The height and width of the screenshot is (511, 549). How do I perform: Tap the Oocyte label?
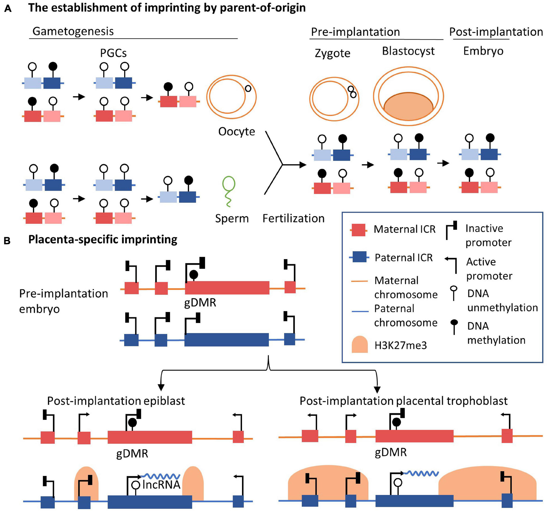236,131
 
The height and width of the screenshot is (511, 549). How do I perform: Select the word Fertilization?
293,218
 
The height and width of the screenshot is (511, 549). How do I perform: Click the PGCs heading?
113,53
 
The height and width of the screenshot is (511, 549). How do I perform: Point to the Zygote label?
332,53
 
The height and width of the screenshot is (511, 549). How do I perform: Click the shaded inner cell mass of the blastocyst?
408,106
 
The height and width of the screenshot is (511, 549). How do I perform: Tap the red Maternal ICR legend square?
358,230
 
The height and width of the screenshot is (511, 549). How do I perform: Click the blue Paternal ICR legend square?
359,257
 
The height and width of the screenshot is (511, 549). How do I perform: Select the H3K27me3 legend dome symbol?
360,344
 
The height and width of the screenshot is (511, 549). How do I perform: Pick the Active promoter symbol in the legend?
451,264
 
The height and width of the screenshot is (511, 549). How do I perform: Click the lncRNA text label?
161,485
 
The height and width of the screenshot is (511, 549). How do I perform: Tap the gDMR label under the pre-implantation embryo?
200,302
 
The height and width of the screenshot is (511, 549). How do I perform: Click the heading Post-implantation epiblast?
116,401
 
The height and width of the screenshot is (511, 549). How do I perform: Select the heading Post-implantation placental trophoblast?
403,401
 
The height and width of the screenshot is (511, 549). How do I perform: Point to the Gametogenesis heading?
73,31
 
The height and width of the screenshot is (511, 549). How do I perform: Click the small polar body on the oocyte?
248,88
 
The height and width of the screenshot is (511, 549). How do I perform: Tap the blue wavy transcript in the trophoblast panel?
422,473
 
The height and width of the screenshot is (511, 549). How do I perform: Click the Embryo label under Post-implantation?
483,51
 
